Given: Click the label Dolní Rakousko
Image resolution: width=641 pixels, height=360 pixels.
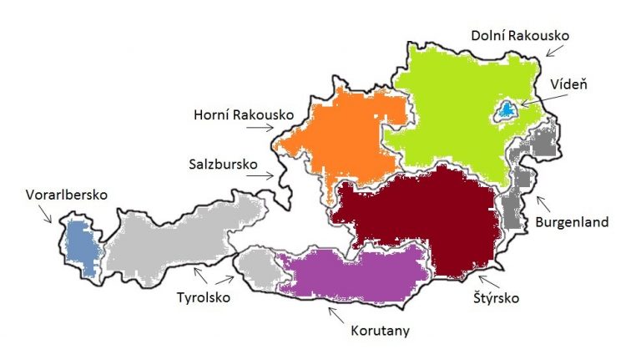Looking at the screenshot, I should pyautogui.click(x=519, y=36).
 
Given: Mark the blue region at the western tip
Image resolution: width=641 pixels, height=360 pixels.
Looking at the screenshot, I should pyautogui.click(x=80, y=246).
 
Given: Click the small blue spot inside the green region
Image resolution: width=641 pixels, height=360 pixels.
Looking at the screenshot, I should pyautogui.click(x=507, y=110).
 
